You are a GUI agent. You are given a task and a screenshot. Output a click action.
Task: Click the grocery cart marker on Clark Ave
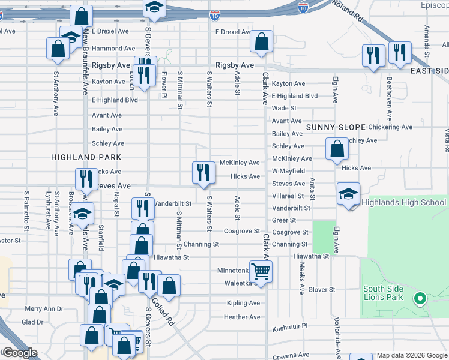tap(261, 271)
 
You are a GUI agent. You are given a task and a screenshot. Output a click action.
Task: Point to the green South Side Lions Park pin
tap(420, 297)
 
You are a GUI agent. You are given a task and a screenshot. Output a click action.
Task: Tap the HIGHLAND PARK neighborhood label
tap(86, 157)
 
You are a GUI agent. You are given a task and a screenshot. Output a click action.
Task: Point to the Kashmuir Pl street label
tap(289, 328)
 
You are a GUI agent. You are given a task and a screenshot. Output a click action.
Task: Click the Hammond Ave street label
tap(113, 48)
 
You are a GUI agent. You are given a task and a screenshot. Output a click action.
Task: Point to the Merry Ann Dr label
tap(44, 309)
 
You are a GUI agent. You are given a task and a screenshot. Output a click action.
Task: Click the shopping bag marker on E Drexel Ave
tap(261, 41)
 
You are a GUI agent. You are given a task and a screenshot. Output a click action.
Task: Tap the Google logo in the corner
tap(19, 353)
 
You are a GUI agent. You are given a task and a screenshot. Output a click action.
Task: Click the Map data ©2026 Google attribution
tap(412, 355)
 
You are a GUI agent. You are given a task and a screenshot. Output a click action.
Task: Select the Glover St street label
tap(321, 289)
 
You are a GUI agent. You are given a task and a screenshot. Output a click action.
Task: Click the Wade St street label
tap(284, 108)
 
